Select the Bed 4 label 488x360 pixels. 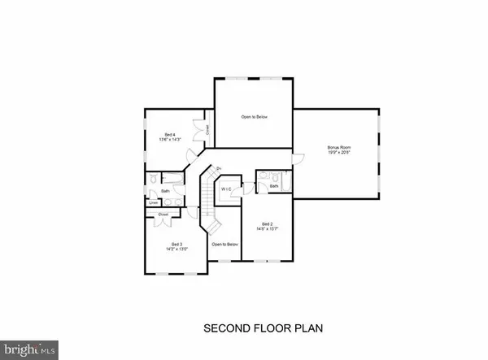pos(169,134)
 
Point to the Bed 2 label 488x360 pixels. pos(267,223)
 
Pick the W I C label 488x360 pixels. pos(226,189)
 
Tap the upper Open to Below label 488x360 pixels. pos(254,117)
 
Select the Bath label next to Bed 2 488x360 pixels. pos(274,186)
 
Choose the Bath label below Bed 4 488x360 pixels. pos(165,192)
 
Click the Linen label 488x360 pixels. pos(152,204)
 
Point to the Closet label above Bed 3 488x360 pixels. pos(163,214)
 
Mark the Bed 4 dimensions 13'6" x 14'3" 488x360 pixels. pos(169,141)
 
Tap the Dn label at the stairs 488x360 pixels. pos(219,168)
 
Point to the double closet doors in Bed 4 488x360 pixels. pos(198,128)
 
